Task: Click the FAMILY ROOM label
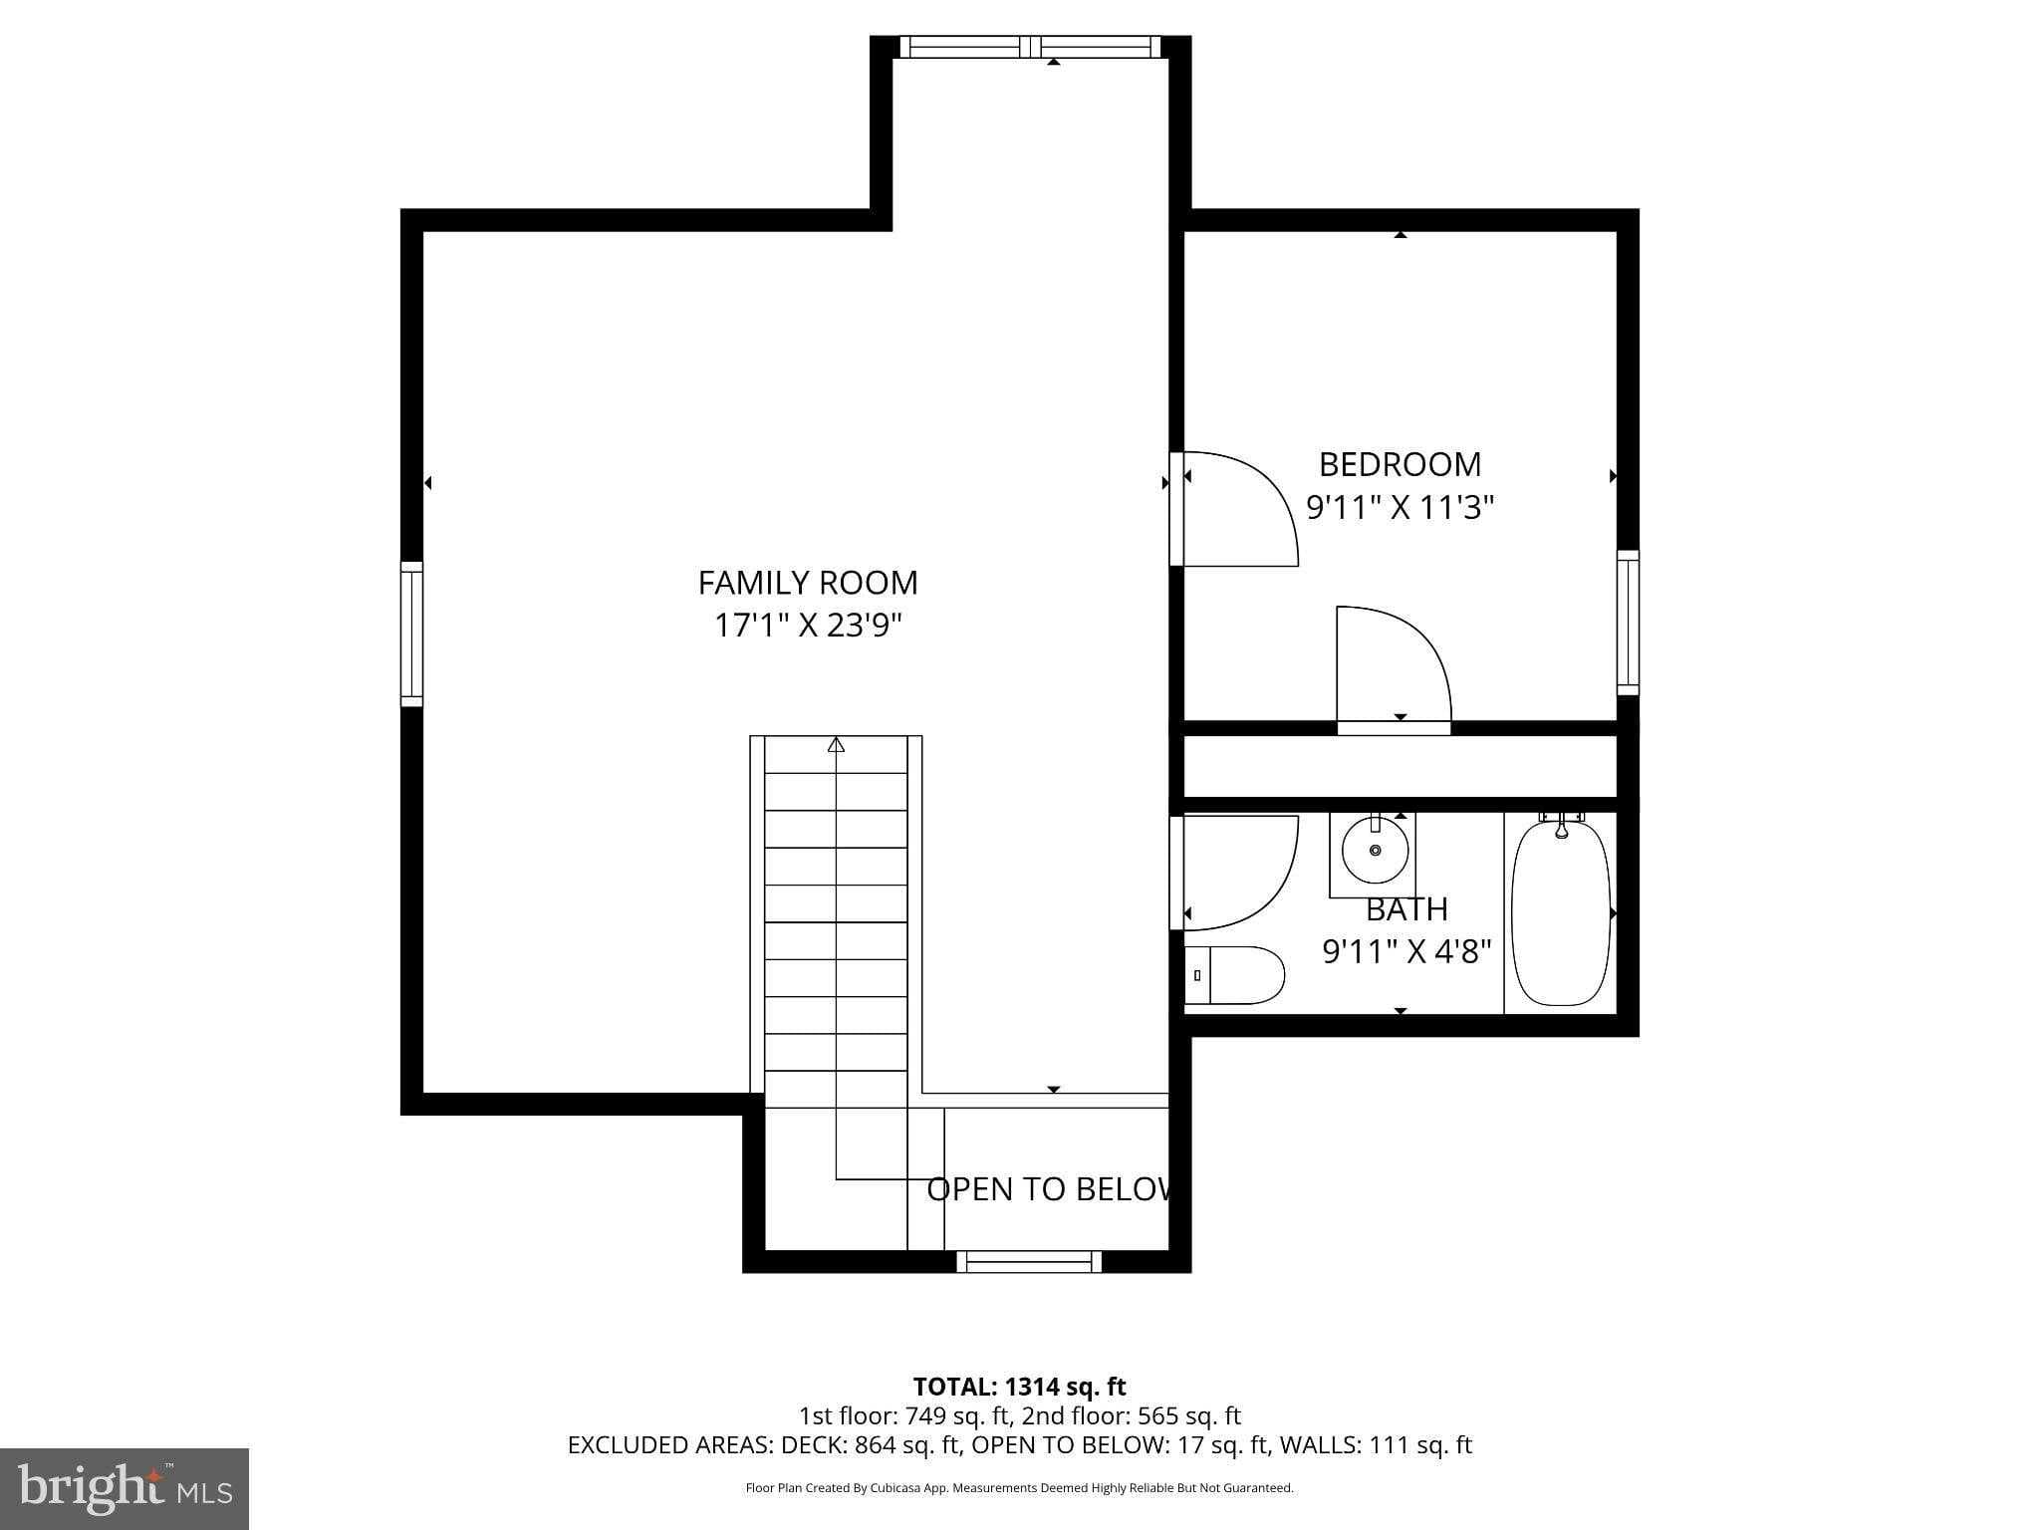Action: pyautogui.click(x=807, y=583)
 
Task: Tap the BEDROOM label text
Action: pyautogui.click(x=1400, y=464)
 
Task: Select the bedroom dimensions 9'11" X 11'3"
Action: pyautogui.click(x=1400, y=508)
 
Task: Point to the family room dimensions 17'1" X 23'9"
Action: pyautogui.click(x=808, y=626)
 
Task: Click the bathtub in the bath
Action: pyautogui.click(x=1560, y=912)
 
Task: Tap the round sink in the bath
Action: pyautogui.click(x=1375, y=850)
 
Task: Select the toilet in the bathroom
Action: pyautogui.click(x=1235, y=975)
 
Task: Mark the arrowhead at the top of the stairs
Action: pyautogui.click(x=836, y=744)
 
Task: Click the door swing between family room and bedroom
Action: pyautogui.click(x=1240, y=508)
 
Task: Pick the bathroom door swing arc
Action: pyautogui.click(x=1240, y=869)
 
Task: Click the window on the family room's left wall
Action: pyautogui.click(x=411, y=634)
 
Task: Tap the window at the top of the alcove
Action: pyautogui.click(x=1030, y=47)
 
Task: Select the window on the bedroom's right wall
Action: pyautogui.click(x=1627, y=622)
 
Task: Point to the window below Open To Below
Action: pyautogui.click(x=1029, y=1262)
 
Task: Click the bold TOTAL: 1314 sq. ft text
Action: pyautogui.click(x=1019, y=1386)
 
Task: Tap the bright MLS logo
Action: pyautogui.click(x=124, y=1488)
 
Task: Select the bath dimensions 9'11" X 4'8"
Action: pyautogui.click(x=1405, y=952)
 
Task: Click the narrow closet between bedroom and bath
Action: pyautogui.click(x=1399, y=766)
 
